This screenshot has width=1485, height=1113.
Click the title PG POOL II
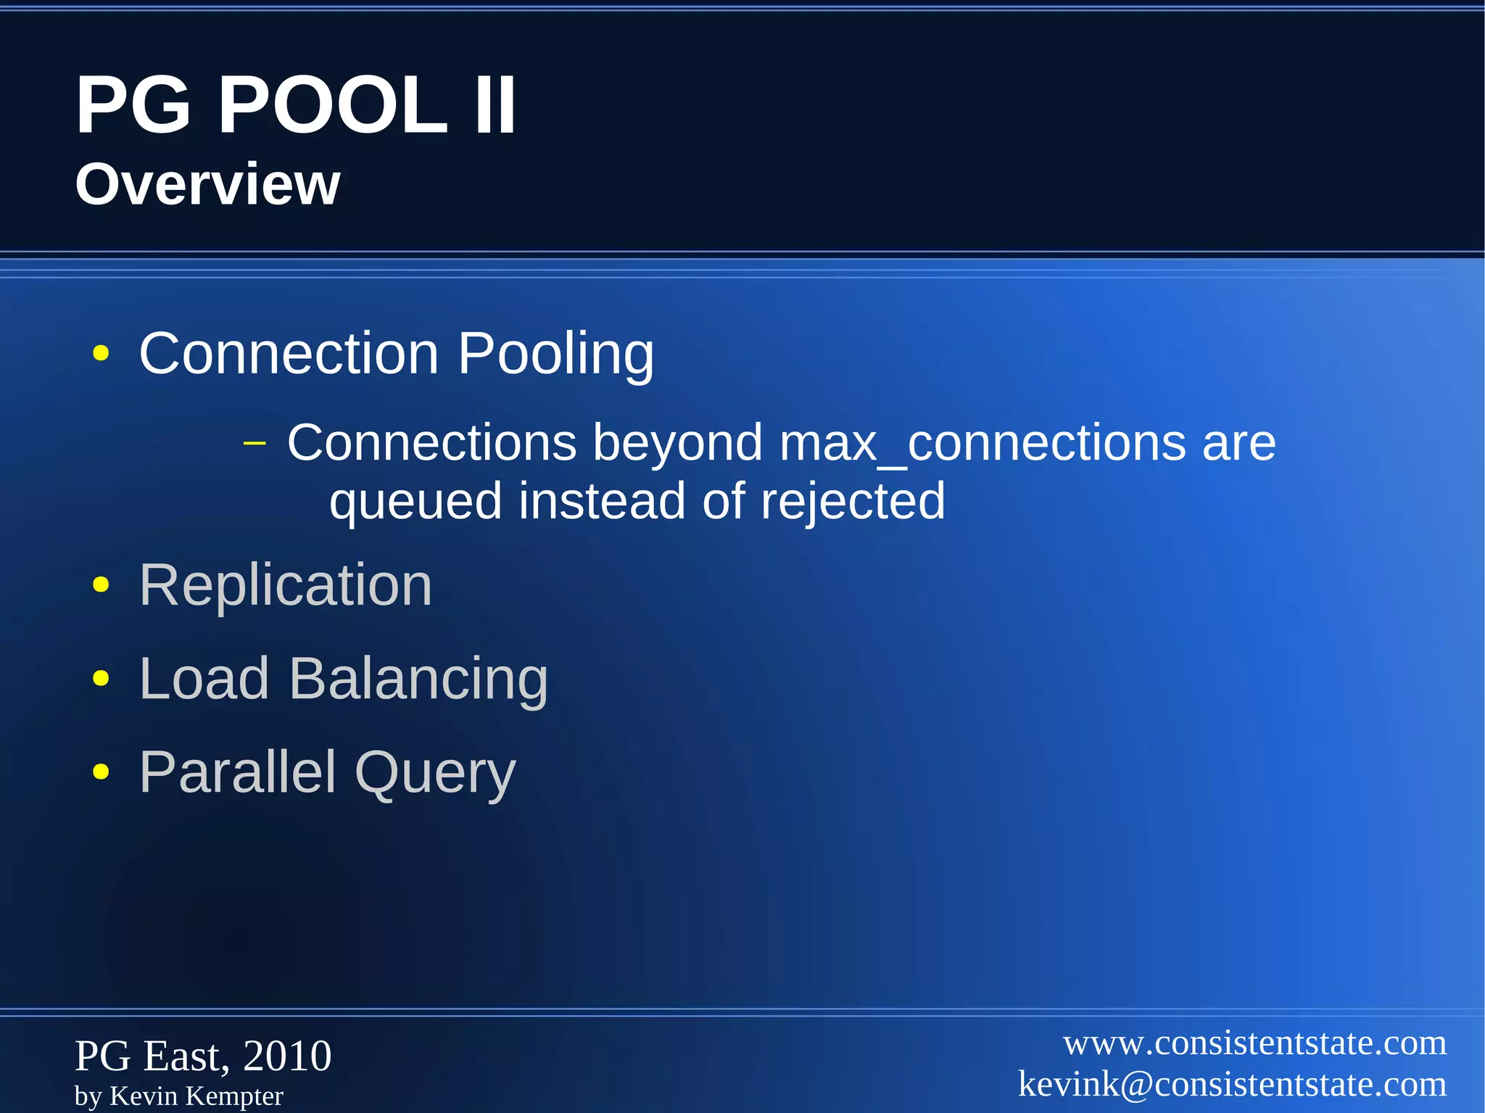tap(296, 106)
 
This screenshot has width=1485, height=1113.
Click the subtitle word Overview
tap(207, 184)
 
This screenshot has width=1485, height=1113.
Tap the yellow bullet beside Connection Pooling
tap(101, 354)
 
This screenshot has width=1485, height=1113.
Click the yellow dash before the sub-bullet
tap(255, 442)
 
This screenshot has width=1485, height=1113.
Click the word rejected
tap(852, 501)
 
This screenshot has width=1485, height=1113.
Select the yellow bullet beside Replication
tap(101, 584)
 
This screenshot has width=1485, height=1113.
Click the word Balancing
tap(418, 679)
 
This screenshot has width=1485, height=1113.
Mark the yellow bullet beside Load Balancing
tap(101, 679)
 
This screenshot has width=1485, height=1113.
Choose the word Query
tap(435, 773)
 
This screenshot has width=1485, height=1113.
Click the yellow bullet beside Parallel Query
tap(101, 772)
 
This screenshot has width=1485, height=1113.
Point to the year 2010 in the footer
tap(287, 1056)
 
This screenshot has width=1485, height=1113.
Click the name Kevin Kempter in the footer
tap(196, 1096)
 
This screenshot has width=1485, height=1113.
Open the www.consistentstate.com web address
tap(1254, 1043)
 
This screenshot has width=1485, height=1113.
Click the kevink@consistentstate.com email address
tap(1232, 1084)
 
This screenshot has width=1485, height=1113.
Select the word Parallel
tap(238, 772)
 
